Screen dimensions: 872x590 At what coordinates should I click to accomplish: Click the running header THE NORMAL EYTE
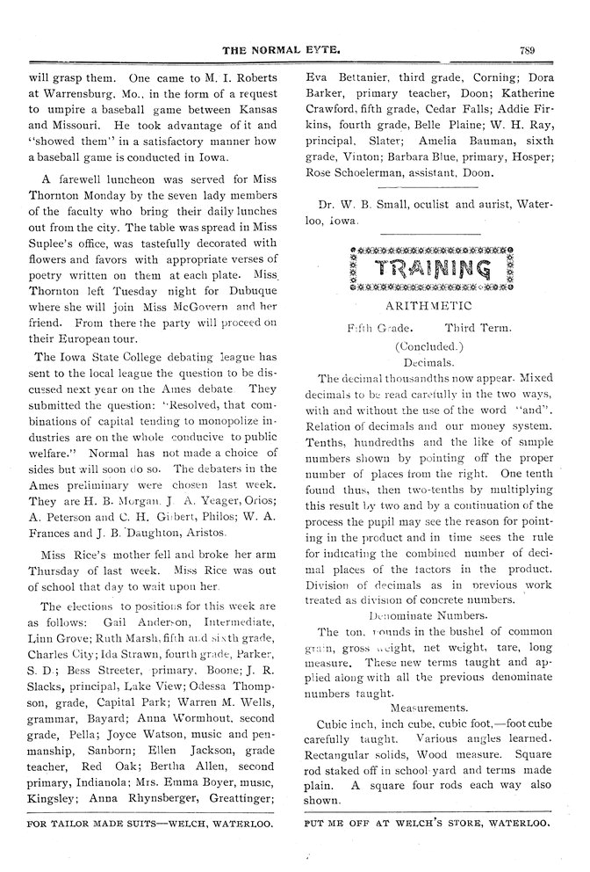(x=293, y=50)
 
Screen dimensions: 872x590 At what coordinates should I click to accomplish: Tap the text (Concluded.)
(x=428, y=345)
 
